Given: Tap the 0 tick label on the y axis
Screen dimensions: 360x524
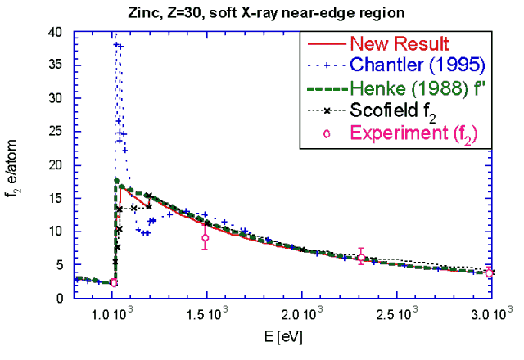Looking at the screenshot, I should [x=65, y=298].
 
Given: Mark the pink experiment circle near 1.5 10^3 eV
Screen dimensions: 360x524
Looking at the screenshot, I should [x=205, y=238].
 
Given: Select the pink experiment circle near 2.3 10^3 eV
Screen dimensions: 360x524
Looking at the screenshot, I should [x=361, y=258].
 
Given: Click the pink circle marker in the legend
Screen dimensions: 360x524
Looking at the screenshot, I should [x=327, y=132].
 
